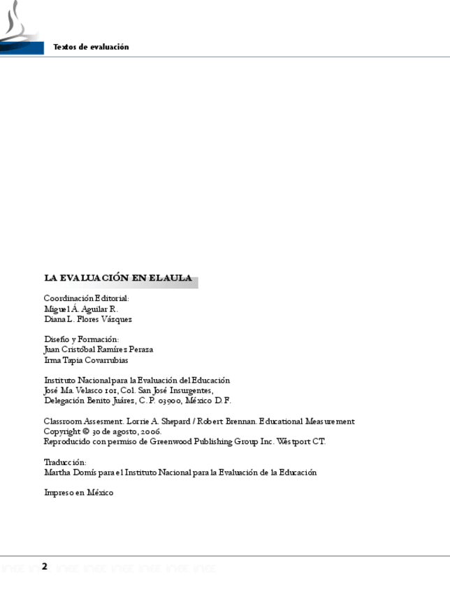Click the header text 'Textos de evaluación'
(92, 47)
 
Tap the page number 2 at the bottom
(45, 565)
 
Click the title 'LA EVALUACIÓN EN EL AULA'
(118, 278)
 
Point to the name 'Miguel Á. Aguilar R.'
(81, 309)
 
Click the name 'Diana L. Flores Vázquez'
(88, 319)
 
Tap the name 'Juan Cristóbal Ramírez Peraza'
(99, 350)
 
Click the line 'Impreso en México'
(78, 493)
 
